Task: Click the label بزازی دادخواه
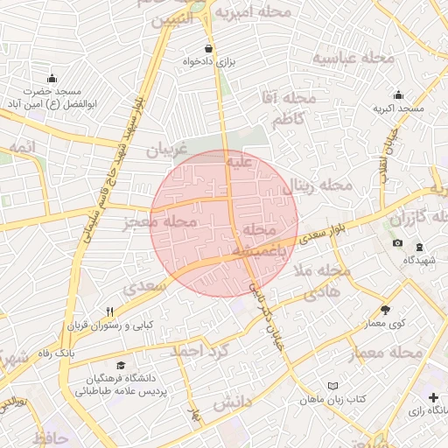pyautogui.click(x=210, y=62)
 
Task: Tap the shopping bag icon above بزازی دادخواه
pyautogui.click(x=208, y=48)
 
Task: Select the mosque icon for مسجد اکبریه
pyautogui.click(x=399, y=95)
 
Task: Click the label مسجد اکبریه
pyautogui.click(x=399, y=108)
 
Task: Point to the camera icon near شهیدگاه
pyautogui.click(x=398, y=242)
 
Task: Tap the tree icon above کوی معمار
pyautogui.click(x=385, y=309)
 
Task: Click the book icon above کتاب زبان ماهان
pyautogui.click(x=332, y=385)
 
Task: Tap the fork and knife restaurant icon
pyautogui.click(x=109, y=311)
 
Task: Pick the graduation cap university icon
pyautogui.click(x=120, y=365)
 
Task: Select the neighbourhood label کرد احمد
pyautogui.click(x=198, y=350)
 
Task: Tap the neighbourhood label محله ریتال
pyautogui.click(x=320, y=185)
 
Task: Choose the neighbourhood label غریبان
pyautogui.click(x=167, y=150)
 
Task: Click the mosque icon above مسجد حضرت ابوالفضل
pyautogui.click(x=52, y=78)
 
